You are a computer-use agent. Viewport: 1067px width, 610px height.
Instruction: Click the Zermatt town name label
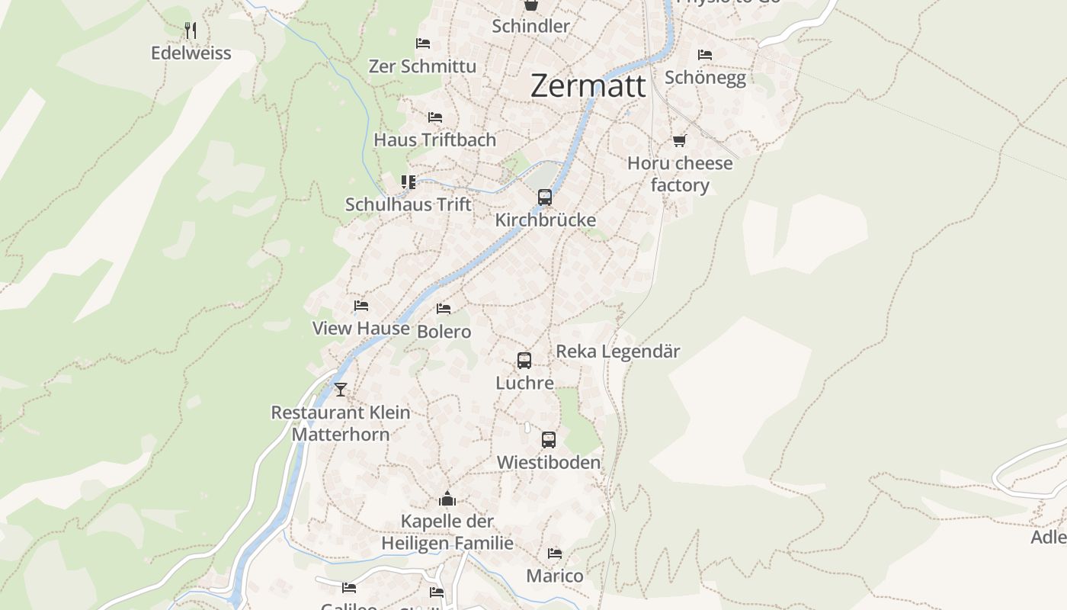click(588, 85)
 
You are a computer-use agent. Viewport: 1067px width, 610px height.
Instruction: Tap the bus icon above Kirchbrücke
click(545, 197)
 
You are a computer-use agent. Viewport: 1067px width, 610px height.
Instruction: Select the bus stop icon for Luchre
click(524, 361)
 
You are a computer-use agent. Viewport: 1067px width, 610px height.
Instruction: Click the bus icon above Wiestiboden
click(549, 440)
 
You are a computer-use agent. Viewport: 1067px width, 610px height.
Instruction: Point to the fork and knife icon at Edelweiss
click(191, 30)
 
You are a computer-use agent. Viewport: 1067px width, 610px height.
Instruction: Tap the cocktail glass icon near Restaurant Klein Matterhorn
click(341, 390)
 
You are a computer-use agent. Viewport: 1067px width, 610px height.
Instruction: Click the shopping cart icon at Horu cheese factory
click(679, 141)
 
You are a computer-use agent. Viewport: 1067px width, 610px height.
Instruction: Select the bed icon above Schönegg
click(705, 55)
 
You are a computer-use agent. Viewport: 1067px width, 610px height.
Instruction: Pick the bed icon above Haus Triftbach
click(435, 117)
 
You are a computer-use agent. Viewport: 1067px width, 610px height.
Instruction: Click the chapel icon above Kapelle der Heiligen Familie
click(447, 499)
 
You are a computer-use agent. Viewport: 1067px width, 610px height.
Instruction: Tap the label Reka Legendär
click(618, 352)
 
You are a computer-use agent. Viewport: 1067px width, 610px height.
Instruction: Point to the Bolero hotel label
click(444, 332)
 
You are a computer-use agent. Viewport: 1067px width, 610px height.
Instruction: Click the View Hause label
click(361, 329)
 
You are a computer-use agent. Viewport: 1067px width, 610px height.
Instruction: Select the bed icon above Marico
click(555, 554)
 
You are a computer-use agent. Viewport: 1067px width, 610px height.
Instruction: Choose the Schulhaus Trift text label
click(409, 204)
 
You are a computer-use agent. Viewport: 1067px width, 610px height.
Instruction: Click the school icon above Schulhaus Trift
click(409, 182)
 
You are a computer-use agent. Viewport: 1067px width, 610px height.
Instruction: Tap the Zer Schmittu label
click(422, 66)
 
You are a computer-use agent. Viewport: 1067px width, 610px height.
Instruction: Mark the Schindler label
click(530, 26)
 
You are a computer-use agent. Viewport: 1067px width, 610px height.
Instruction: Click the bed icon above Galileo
click(349, 587)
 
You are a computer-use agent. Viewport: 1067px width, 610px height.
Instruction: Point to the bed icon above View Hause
click(361, 306)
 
